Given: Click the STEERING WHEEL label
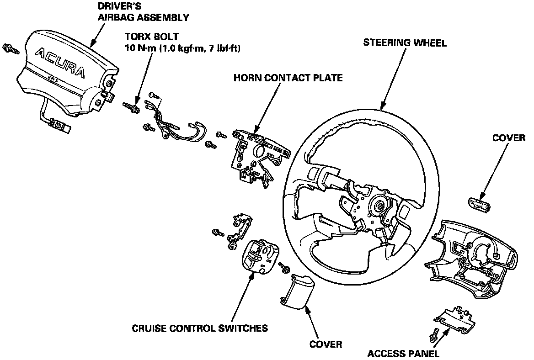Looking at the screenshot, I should (x=405, y=43).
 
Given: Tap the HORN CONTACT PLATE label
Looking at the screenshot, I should (x=288, y=78).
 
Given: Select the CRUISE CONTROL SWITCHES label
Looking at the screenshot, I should (x=200, y=328).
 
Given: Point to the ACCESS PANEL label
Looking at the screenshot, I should (x=403, y=353).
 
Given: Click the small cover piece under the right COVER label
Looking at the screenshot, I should (x=480, y=203).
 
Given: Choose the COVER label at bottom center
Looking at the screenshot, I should (x=326, y=344).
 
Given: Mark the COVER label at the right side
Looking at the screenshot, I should (x=509, y=138).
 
